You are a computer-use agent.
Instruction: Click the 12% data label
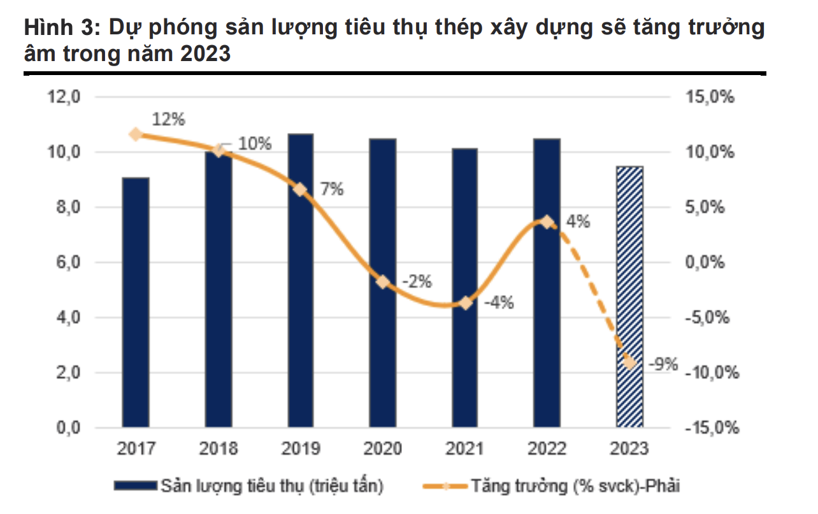tap(168, 119)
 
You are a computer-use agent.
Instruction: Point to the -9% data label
tap(663, 365)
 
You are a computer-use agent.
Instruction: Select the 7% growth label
tap(332, 189)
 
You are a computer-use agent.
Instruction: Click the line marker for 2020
tap(383, 282)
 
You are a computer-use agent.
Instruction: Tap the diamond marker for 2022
tap(547, 222)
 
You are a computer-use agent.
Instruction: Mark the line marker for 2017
tap(136, 134)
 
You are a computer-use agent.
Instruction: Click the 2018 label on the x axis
tap(218, 448)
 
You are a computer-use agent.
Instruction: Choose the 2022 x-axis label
tap(547, 448)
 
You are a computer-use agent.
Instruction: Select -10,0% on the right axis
tap(712, 373)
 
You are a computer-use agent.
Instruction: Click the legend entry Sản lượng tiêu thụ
tap(271, 487)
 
